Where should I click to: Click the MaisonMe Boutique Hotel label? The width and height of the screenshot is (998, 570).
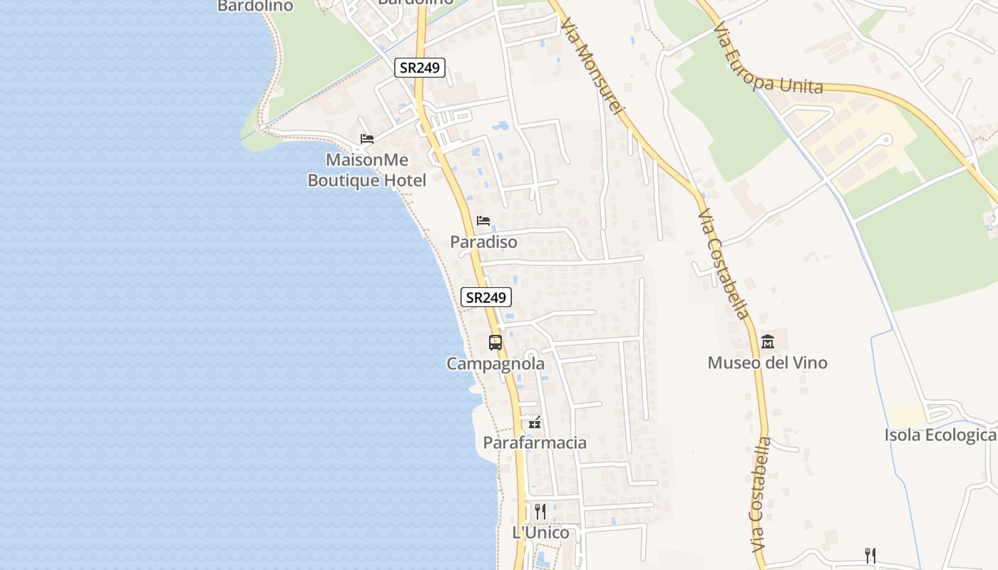coord(366,170)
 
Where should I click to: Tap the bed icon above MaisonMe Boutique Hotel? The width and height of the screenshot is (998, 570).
coord(366,138)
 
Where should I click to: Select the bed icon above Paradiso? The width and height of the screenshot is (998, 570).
coord(483,220)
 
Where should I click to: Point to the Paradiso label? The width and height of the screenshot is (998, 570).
coord(483,242)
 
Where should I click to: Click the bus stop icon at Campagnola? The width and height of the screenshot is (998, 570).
coord(495,342)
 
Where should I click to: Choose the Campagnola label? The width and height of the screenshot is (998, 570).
coord(495,364)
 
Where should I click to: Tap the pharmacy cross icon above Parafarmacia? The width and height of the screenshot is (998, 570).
coord(535,423)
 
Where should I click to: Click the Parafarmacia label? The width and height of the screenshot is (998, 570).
coord(535,443)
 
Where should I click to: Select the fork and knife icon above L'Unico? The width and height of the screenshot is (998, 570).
coord(540,511)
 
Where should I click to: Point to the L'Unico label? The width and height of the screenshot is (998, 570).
coord(541,533)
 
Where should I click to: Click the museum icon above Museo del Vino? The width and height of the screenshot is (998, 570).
coord(768,341)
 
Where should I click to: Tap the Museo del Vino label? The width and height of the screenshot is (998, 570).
coord(767,363)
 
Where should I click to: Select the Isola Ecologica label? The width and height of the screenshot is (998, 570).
coord(940,435)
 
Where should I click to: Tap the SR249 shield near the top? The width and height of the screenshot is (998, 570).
coord(421,68)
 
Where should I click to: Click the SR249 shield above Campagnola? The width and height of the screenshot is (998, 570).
coord(486,297)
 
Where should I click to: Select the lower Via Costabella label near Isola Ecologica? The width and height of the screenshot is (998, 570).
coord(761,495)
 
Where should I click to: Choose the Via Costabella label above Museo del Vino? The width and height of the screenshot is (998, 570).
coord(723,264)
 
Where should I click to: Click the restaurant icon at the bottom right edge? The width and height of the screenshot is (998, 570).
coord(870,555)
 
